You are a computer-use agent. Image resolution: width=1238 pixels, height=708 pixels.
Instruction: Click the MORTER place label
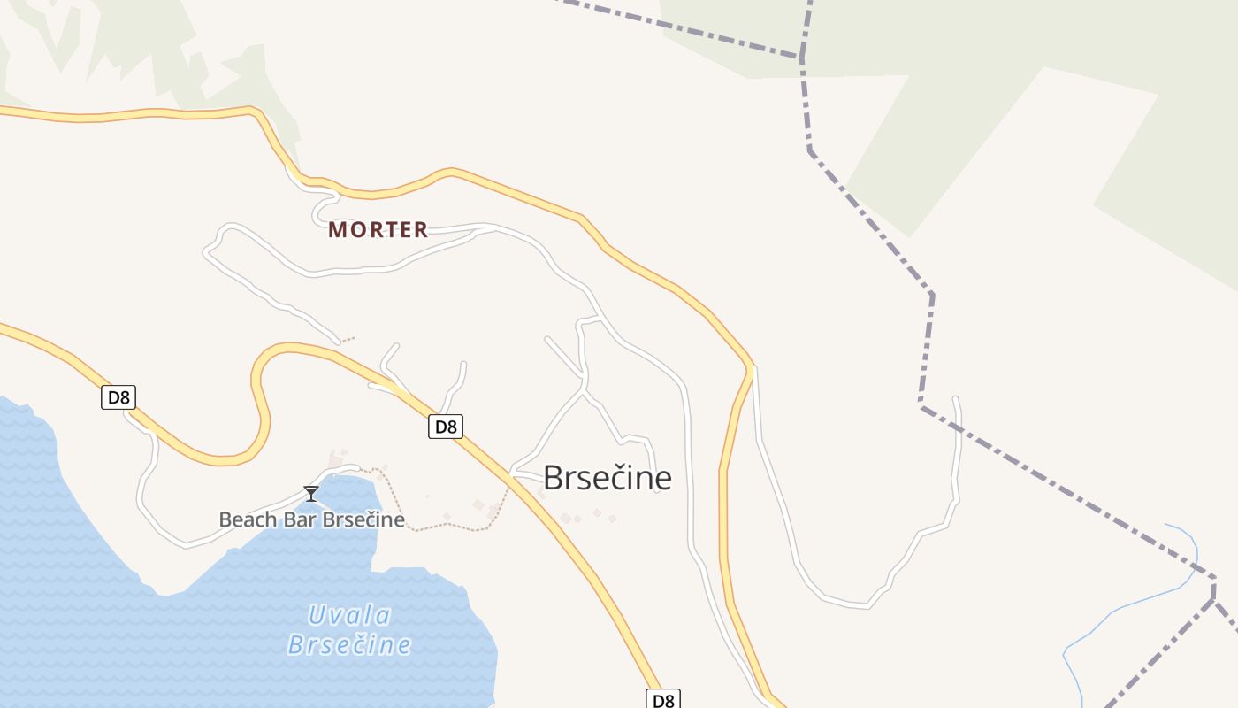[378, 230]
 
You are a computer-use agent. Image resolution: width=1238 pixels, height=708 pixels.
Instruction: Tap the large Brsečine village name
[607, 478]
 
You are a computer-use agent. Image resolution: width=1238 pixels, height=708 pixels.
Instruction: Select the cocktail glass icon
[310, 493]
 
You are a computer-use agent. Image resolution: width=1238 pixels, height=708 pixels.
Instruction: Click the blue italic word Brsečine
[350, 645]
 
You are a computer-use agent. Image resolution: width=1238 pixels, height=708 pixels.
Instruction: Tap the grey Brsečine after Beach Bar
[363, 519]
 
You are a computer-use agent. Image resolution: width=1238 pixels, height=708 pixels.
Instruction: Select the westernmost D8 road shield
[118, 397]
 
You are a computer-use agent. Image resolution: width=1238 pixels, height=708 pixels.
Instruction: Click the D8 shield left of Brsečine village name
[446, 427]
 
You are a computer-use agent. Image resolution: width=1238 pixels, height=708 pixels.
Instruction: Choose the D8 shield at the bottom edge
[663, 699]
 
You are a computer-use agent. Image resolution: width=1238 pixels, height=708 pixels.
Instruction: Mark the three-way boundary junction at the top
[802, 57]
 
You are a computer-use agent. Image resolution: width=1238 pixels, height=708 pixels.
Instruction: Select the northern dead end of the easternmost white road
[955, 399]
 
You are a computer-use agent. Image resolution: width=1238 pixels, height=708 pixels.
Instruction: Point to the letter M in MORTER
[337, 230]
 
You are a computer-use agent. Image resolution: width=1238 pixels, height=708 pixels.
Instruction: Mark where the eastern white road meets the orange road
[753, 366]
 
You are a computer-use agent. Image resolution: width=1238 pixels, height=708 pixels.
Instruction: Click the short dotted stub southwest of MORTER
[348, 338]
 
